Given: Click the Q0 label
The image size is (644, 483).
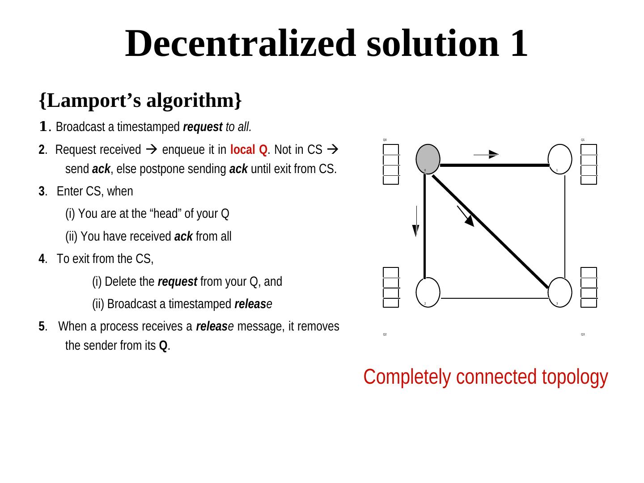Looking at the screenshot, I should [385, 140].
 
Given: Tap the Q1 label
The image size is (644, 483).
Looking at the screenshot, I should [583, 140].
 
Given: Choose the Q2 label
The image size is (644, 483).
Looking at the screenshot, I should [385, 335].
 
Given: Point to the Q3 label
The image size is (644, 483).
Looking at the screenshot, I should [583, 335].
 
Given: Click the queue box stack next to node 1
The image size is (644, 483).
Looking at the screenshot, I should [589, 165].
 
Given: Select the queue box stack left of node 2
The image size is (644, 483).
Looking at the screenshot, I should [391, 288].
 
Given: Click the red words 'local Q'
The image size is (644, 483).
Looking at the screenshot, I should [249, 150].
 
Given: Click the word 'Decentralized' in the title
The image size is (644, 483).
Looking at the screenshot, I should [241, 43].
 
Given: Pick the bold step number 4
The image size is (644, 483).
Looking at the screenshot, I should [42, 259].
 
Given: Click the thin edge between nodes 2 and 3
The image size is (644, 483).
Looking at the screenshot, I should [494, 298].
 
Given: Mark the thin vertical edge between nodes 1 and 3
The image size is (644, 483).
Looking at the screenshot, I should [565, 224].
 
